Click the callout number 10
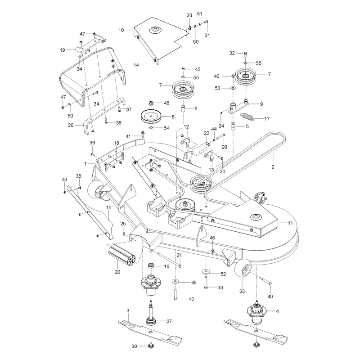tap(121, 30)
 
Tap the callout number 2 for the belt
tap(273, 167)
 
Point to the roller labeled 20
tap(121, 254)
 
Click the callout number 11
tap(290, 223)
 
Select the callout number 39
tap(134, 346)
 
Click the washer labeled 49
tap(175, 281)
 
